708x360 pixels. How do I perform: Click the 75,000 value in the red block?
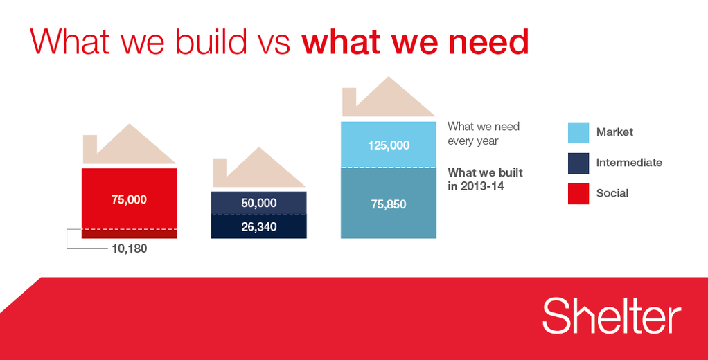(x=129, y=199)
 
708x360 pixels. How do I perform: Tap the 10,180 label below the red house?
(x=129, y=249)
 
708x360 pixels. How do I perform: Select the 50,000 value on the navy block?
(x=258, y=203)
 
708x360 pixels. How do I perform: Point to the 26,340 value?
(x=258, y=226)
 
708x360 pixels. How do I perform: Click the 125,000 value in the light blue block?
(x=389, y=145)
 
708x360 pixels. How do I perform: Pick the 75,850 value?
(x=389, y=204)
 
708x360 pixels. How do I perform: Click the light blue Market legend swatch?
(x=578, y=133)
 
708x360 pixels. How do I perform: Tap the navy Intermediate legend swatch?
(x=578, y=163)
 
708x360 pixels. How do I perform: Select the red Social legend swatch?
(x=578, y=194)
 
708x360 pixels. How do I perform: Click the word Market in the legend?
(x=614, y=132)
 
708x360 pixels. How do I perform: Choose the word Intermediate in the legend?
(x=629, y=163)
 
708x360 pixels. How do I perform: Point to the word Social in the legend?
(x=612, y=193)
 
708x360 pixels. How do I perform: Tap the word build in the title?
(x=211, y=42)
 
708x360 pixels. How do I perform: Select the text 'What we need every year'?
(x=483, y=134)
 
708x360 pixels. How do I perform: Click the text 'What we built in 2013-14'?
(x=485, y=179)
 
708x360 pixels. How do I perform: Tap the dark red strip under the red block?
(x=129, y=234)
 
